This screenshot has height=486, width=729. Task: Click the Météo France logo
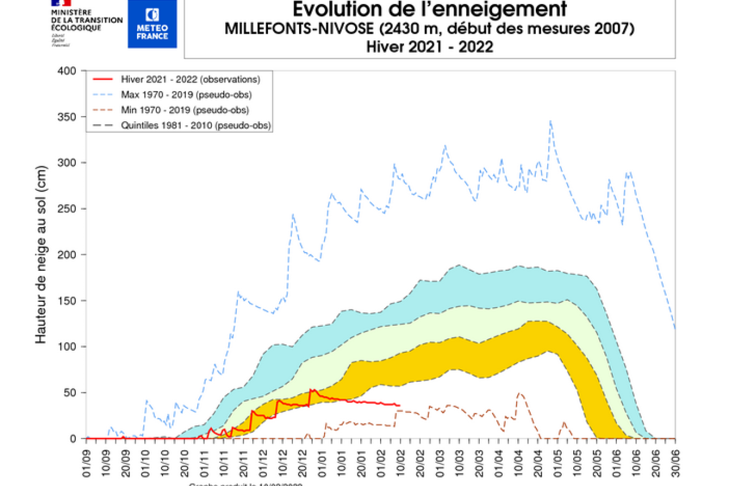click(x=152, y=23)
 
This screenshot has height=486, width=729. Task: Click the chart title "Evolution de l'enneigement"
click(x=429, y=10)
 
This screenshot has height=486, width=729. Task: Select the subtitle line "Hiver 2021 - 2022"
click(x=429, y=46)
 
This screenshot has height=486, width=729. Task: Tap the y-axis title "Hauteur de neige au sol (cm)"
click(x=41, y=254)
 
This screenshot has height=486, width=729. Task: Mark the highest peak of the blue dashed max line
click(x=550, y=120)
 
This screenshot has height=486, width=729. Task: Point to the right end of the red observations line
click(x=399, y=405)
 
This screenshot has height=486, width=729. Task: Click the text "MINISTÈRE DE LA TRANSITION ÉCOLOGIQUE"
click(x=87, y=20)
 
